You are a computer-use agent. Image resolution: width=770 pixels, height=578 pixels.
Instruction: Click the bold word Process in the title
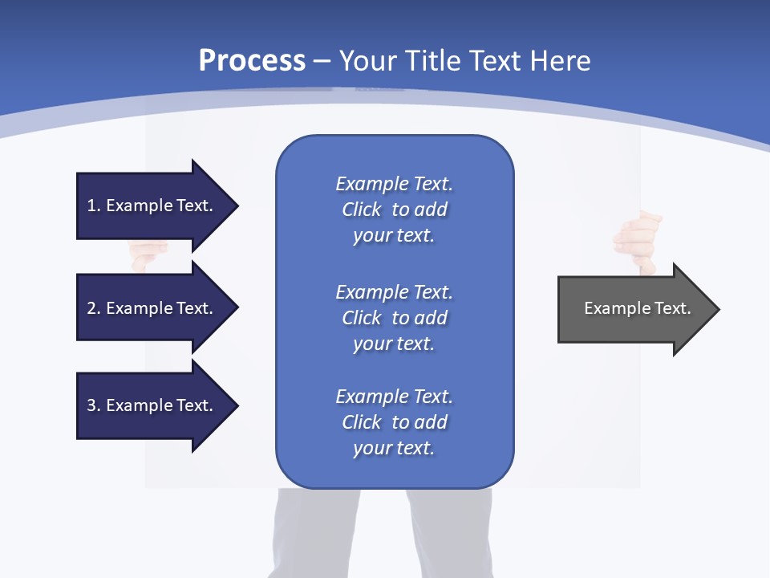252,60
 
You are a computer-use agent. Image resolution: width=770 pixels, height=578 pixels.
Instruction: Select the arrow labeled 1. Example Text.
152,206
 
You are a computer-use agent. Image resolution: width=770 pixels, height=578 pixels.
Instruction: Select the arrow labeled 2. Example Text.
152,308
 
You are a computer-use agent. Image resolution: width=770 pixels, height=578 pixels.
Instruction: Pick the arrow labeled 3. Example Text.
152,405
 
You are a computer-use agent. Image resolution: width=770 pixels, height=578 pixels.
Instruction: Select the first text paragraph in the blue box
394,210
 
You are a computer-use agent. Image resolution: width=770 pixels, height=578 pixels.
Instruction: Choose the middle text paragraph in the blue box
394,318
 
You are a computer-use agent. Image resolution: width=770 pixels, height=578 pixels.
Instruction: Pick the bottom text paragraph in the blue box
394,422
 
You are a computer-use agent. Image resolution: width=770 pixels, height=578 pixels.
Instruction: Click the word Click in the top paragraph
362,210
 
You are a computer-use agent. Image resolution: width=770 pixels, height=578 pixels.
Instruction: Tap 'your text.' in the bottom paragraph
393,448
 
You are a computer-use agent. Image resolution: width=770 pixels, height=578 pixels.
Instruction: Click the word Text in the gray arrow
673,308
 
